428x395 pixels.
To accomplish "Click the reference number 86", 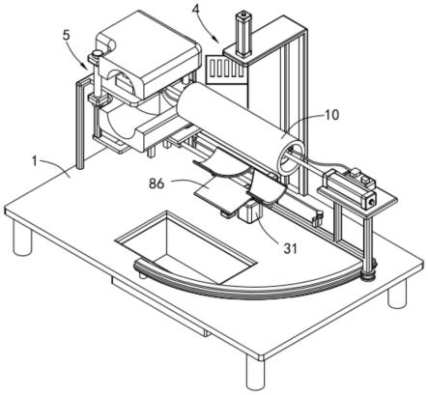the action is (x=157, y=183).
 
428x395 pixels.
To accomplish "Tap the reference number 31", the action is (x=289, y=248).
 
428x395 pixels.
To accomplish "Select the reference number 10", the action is (x=331, y=115).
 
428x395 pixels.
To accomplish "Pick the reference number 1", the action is (x=35, y=161).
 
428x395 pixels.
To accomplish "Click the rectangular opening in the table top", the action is (x=186, y=247).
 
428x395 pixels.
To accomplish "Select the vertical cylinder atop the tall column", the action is (x=243, y=34).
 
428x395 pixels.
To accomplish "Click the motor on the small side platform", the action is (x=350, y=186).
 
